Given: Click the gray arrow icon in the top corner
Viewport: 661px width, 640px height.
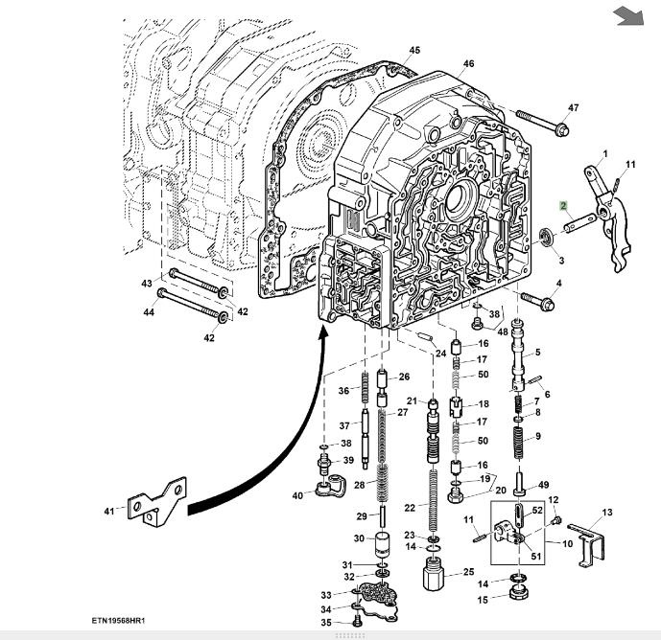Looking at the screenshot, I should (627, 15).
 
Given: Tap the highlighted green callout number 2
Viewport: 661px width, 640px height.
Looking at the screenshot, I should (564, 205).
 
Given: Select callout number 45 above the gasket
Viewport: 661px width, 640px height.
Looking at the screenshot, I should (414, 50).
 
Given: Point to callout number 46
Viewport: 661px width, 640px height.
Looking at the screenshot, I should (468, 64).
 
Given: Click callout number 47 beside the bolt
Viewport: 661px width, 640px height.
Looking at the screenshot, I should (574, 107).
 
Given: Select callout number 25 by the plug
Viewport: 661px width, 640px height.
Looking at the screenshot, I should (469, 572).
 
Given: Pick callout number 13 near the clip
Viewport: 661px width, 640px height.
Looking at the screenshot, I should (606, 513).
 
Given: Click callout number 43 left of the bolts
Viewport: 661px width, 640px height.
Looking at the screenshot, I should (147, 284).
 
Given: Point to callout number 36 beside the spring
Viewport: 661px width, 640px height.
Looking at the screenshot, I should (342, 390).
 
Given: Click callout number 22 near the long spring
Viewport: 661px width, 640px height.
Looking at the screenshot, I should (410, 507).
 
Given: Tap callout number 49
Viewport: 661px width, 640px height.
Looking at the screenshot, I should (543, 485).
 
